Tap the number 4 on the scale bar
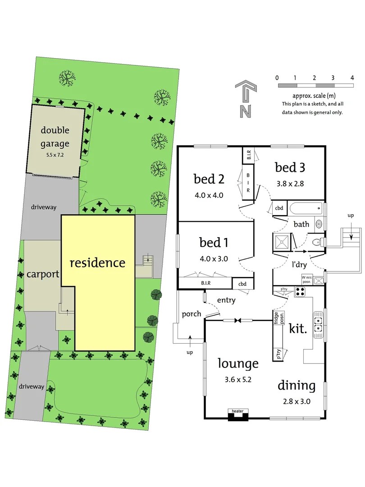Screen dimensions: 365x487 tap(351, 78)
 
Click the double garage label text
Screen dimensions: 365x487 tap(55, 137)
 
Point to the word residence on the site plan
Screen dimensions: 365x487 tap(97, 262)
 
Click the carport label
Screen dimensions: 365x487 tap(43, 274)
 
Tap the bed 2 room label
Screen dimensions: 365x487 tap(209, 179)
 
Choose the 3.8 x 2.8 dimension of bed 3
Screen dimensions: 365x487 tap(290, 184)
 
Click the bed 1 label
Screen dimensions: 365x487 tap(214, 243)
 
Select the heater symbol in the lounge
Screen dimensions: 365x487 tap(237, 415)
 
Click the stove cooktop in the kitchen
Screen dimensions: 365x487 tap(300, 292)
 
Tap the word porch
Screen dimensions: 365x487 tap(192, 314)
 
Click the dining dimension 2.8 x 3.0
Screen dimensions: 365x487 tap(296, 401)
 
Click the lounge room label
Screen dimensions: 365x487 tap(238, 363)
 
